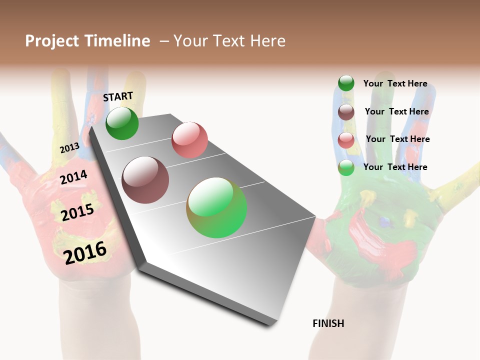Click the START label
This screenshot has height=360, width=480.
pyautogui.click(x=118, y=96)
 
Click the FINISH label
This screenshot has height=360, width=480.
pyautogui.click(x=328, y=323)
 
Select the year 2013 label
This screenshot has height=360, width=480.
pyautogui.click(x=69, y=148)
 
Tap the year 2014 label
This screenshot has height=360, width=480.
pyautogui.click(x=73, y=177)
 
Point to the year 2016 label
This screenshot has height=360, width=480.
pyautogui.click(x=85, y=252)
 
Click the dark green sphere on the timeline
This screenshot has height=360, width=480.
pyautogui.click(x=122, y=123)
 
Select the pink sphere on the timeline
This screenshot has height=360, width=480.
pyautogui.click(x=189, y=139)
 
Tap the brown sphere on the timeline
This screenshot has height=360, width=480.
pyautogui.click(x=145, y=180)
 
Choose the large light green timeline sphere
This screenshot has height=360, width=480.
pyautogui.click(x=216, y=207)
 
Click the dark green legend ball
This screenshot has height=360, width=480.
pyautogui.click(x=346, y=83)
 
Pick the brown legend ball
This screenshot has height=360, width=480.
pyautogui.click(x=346, y=112)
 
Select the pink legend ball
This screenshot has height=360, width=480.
pyautogui.click(x=346, y=140)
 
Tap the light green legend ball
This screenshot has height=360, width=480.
pyautogui.click(x=346, y=167)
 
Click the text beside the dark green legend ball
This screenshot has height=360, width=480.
pyautogui.click(x=395, y=83)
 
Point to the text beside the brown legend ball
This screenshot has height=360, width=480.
pyautogui.click(x=396, y=111)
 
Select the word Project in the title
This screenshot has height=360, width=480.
pyautogui.click(x=52, y=41)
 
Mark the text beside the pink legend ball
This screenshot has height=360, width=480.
pyautogui.click(x=397, y=139)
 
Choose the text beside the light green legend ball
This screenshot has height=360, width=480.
pyautogui.click(x=395, y=167)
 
